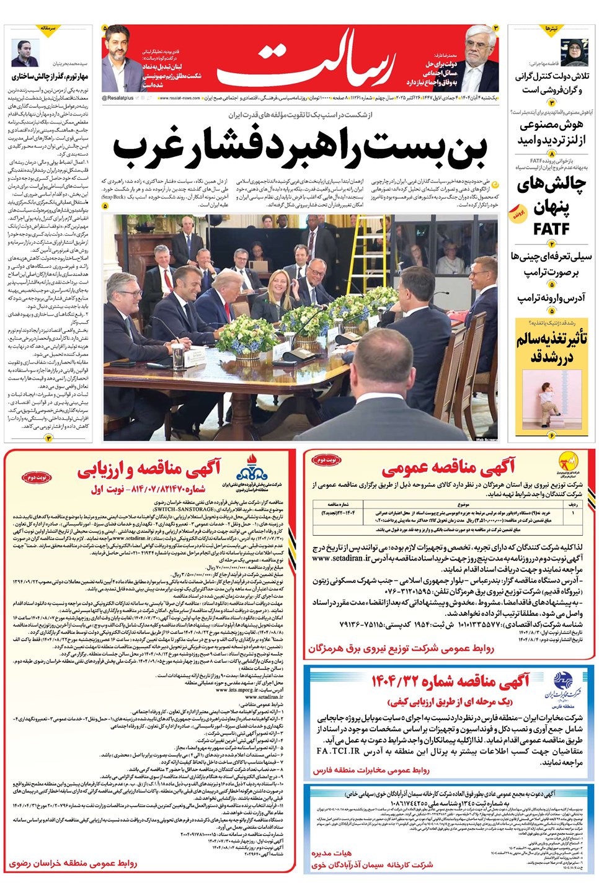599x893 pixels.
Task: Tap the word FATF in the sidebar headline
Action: pos(551,229)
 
